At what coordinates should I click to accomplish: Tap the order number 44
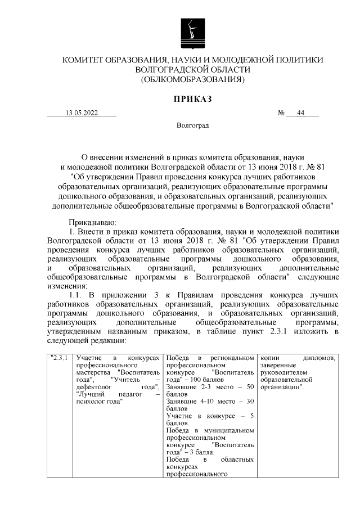[x=301, y=113]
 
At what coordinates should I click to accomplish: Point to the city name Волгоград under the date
[x=192, y=125]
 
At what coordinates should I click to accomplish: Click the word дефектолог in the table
[x=93, y=387]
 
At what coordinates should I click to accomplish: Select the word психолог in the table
[x=89, y=402]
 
